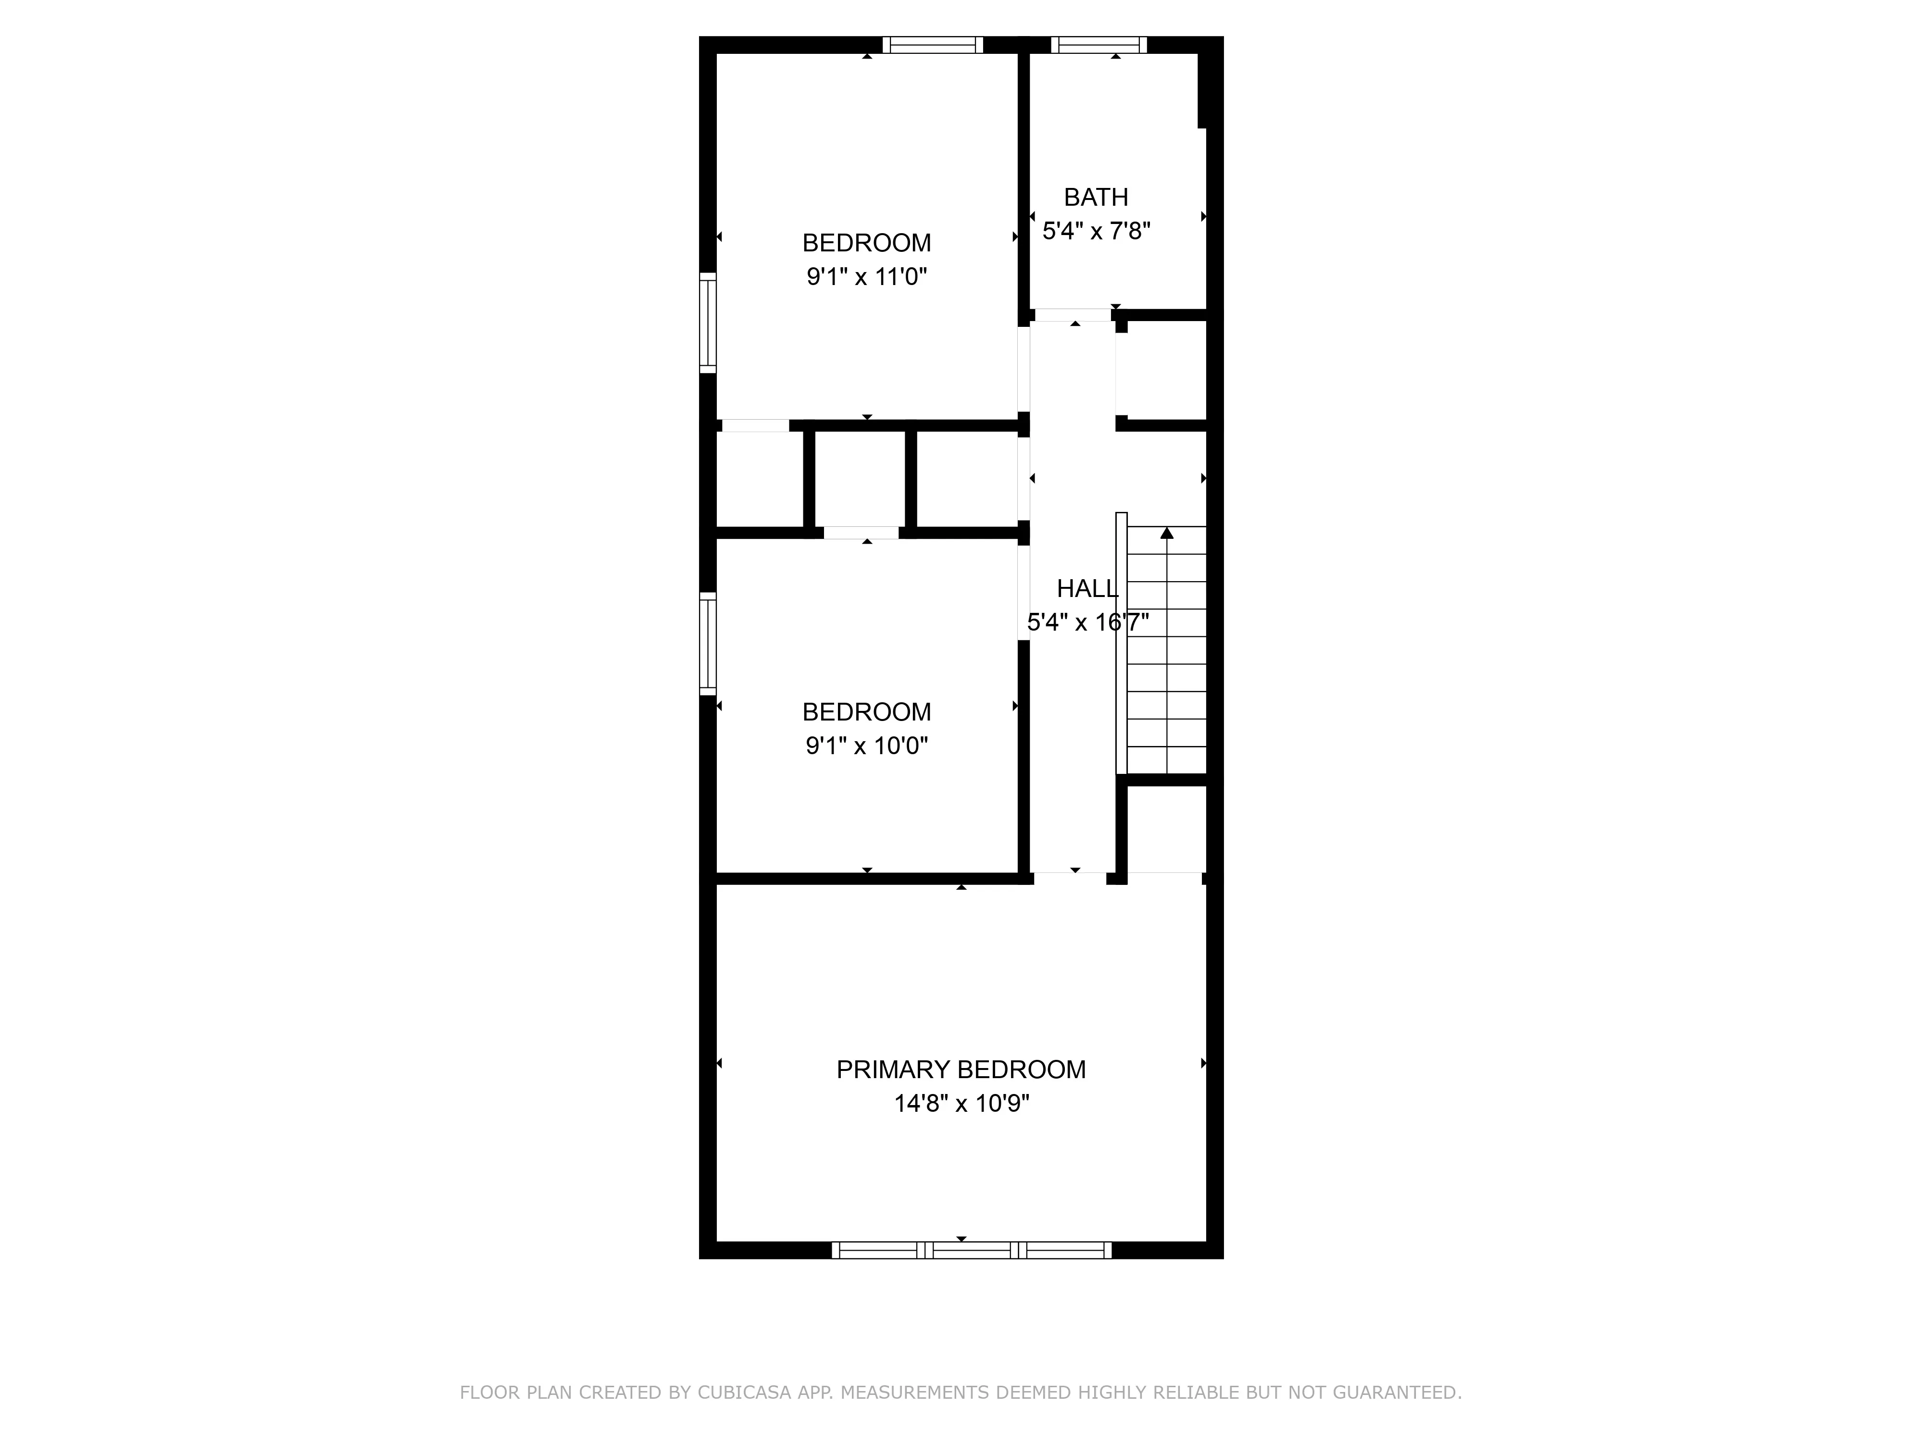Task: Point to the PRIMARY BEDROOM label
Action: pos(961,1069)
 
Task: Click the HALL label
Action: pos(1086,588)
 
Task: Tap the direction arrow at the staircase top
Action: pos(1167,533)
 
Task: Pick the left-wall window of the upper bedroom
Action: pos(708,323)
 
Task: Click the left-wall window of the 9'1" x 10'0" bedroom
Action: pos(708,643)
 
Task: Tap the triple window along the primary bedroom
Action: pos(971,1250)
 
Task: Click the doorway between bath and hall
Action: pos(1073,315)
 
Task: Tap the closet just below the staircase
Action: pos(1165,828)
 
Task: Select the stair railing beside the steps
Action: pos(1122,643)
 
